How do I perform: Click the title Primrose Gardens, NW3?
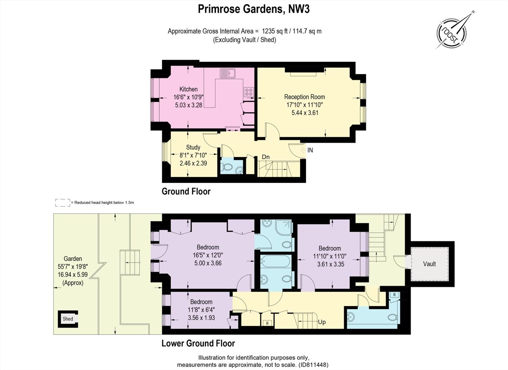254,9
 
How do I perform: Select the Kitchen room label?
188,89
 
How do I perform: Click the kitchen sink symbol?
227,73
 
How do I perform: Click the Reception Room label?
304,97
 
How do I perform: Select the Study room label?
193,147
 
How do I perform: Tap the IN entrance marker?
310,150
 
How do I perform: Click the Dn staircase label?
265,157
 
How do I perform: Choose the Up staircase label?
322,322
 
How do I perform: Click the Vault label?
429,264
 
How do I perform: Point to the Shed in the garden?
68,319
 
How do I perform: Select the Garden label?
73,259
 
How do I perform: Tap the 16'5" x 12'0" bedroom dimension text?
207,255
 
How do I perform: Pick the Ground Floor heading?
186,191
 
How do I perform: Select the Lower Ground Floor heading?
198,343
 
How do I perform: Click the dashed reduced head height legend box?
62,203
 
